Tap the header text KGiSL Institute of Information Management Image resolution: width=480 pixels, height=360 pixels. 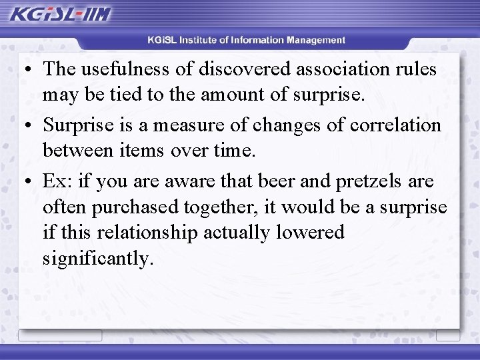click(247, 40)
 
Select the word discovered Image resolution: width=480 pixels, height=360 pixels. click(243, 69)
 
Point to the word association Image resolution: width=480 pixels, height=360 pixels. click(345, 69)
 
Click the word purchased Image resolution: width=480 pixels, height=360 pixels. click(131, 207)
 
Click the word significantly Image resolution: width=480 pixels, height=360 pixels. click(98, 258)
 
